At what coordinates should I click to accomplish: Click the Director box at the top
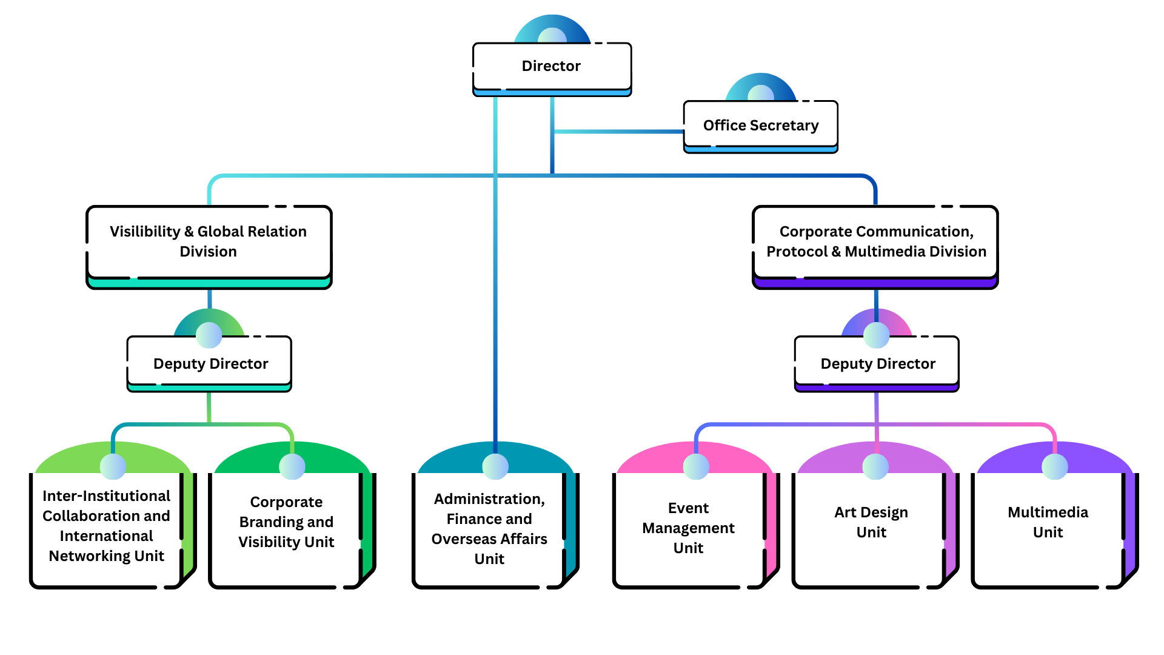click(552, 66)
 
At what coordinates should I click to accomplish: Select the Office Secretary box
click(760, 126)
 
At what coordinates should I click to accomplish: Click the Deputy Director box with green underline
click(210, 363)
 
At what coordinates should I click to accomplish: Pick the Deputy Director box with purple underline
click(877, 363)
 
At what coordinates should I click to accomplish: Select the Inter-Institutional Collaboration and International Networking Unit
click(107, 526)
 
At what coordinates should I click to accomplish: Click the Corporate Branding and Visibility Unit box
click(286, 523)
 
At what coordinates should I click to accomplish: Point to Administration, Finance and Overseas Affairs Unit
click(489, 529)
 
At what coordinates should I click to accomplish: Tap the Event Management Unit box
click(689, 528)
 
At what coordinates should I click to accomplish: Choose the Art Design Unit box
click(871, 523)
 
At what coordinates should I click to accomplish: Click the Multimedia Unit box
click(1048, 523)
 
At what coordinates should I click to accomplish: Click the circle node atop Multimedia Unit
click(1054, 466)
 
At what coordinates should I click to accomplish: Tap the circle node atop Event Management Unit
click(695, 466)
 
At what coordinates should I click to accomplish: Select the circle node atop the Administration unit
click(495, 466)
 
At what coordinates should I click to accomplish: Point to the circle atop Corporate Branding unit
click(292, 466)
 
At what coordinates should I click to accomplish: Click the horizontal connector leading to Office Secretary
click(618, 132)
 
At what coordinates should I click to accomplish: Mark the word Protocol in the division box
click(797, 252)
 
